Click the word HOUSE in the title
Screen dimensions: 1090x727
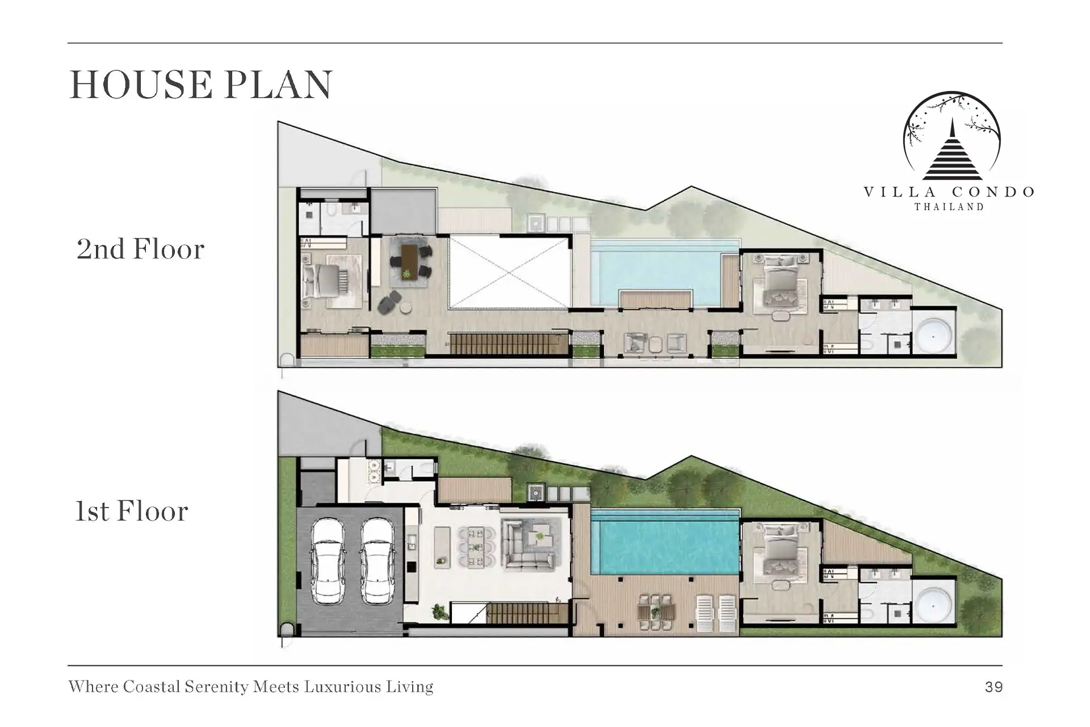[x=141, y=85]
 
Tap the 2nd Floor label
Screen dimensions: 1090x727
[x=140, y=249]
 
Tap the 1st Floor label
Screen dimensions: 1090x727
[x=132, y=511]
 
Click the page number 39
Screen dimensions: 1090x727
[x=994, y=687]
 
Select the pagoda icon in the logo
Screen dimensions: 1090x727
[x=952, y=149]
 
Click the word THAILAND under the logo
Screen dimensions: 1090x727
[x=949, y=207]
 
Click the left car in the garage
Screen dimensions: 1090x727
[x=328, y=561]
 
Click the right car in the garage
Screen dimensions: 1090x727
[x=378, y=561]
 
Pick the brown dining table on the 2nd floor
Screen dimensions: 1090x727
[x=409, y=262]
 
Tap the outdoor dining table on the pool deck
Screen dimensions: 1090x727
[x=656, y=612]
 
